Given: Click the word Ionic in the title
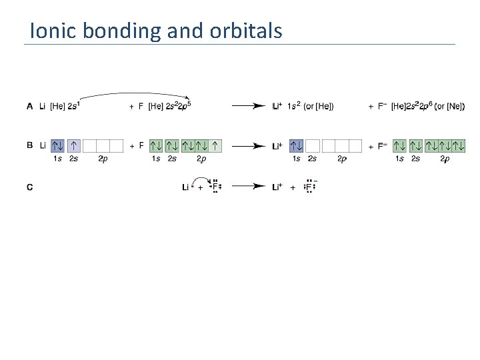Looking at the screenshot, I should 51,31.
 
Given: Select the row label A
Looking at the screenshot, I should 29,106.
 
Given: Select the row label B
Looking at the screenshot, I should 29,145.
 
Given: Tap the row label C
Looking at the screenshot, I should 29,187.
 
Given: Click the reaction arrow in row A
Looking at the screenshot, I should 249,106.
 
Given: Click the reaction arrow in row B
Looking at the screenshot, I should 249,145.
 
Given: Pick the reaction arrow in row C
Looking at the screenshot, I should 249,187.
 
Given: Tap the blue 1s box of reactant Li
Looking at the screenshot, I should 58,145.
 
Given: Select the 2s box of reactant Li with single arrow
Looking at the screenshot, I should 74,145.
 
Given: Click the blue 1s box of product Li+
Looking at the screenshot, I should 296,145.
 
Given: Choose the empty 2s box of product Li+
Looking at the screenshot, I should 312,145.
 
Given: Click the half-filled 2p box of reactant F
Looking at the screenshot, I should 215,145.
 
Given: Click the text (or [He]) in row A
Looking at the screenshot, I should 319,106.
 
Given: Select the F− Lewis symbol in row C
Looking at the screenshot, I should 309,187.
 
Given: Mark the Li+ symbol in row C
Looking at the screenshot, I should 279,187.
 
